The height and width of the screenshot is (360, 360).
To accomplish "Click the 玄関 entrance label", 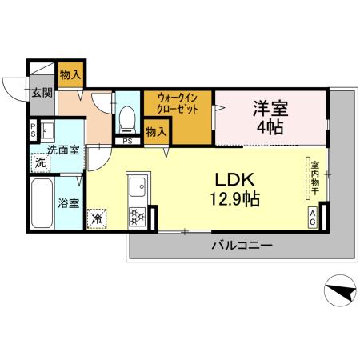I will [42, 92].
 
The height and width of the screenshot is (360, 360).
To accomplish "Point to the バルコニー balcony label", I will [242, 245].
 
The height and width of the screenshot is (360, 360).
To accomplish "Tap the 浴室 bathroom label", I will [68, 202].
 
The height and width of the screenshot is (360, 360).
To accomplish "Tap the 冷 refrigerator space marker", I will [97, 216].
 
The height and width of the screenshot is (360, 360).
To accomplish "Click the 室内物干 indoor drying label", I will [315, 181].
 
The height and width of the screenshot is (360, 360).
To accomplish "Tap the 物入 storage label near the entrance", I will [70, 75].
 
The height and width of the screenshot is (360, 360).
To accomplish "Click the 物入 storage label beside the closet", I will [156, 131].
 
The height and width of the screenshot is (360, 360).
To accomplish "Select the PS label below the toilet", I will [126, 142].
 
